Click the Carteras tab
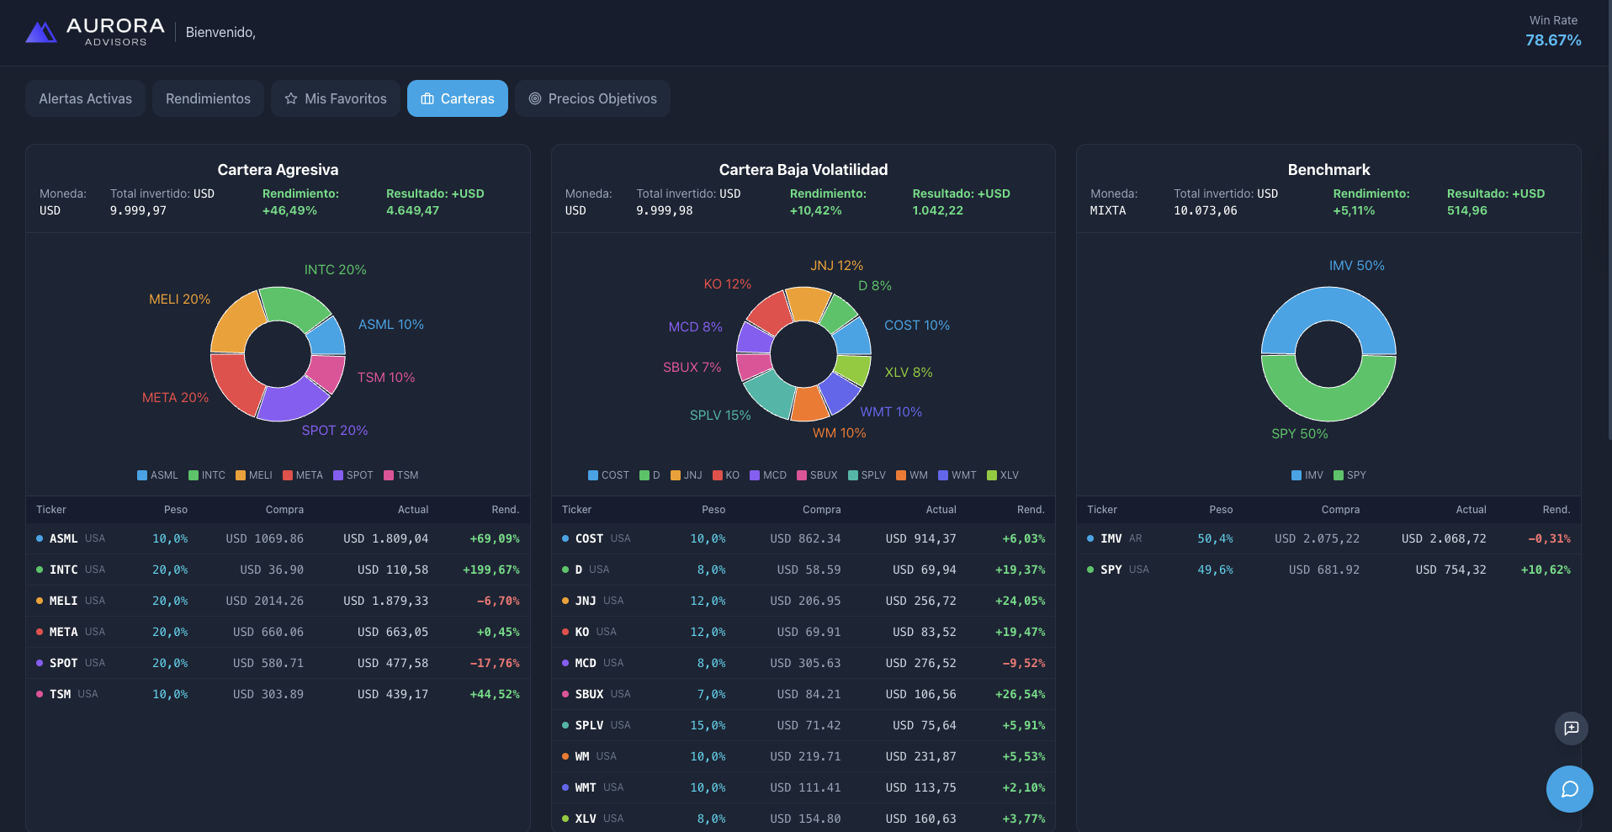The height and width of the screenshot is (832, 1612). [x=458, y=98]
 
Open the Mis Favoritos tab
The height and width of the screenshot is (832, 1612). [x=336, y=98]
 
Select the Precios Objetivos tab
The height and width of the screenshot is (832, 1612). [x=592, y=98]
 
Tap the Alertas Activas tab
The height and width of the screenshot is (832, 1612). [x=85, y=98]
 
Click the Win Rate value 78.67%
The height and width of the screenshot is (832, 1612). [x=1553, y=40]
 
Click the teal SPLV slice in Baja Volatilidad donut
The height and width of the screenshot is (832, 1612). [x=767, y=394]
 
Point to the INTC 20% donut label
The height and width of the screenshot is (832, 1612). [x=335, y=270]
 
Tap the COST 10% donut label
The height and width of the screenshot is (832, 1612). [x=917, y=326]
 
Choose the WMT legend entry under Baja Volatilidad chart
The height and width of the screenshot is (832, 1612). [x=957, y=475]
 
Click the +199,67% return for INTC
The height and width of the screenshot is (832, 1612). [x=491, y=570]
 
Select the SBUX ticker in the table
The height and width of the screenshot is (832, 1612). [x=589, y=695]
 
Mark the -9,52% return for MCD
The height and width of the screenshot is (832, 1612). [x=1024, y=664]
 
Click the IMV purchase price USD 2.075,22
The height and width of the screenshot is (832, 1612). [x=1317, y=539]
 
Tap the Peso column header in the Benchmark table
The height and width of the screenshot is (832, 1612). [x=1221, y=510]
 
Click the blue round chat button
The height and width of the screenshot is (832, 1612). [x=1570, y=789]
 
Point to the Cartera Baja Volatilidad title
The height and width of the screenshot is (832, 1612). [x=803, y=170]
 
